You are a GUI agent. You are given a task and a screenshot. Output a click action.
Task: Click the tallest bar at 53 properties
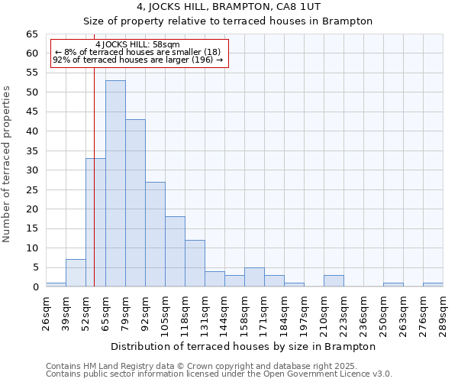tap(115, 183)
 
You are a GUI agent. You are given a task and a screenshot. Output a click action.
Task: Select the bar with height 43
tap(135, 203)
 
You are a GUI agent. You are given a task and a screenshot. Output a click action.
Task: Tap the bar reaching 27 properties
tap(155, 234)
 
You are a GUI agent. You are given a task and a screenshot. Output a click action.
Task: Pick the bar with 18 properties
tap(175, 251)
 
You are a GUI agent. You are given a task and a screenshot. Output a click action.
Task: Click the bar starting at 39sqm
tap(76, 273)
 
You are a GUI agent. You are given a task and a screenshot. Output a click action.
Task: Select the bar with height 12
tap(195, 263)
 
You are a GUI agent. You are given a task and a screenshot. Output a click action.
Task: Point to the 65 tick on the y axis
tap(32, 34)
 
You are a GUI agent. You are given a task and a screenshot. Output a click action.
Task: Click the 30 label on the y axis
tap(32, 170)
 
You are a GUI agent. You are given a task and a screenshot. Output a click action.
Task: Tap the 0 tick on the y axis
tap(35, 287)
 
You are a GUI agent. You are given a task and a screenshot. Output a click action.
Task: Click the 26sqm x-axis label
tap(46, 311)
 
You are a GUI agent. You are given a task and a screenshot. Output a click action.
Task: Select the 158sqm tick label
tap(244, 311)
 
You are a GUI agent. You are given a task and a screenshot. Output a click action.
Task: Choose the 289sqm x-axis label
tap(443, 311)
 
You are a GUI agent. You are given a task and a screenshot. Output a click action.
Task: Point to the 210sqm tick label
tap(324, 311)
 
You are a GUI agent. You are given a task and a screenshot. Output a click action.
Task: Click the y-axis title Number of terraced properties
tap(7, 164)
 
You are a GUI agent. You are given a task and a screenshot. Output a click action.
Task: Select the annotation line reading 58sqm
tap(138, 45)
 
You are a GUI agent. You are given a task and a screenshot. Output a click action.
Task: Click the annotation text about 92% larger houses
tap(138, 60)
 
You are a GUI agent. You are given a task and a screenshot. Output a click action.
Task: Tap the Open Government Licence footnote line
tap(219, 374)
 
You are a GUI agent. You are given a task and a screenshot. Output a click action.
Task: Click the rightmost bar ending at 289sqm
tap(433, 285)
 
